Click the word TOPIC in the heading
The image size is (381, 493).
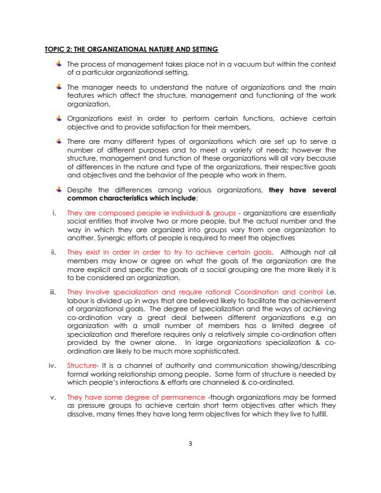click(55, 49)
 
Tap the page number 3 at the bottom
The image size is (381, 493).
click(190, 443)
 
